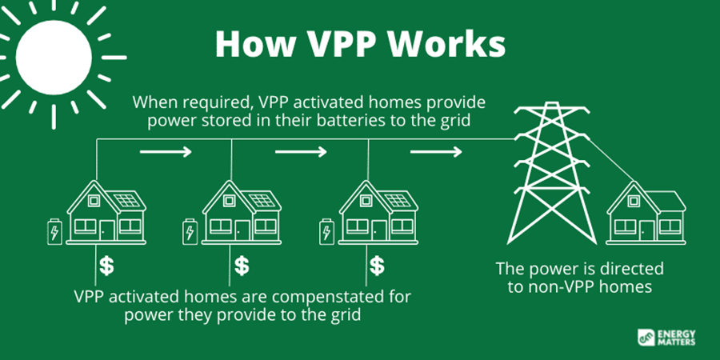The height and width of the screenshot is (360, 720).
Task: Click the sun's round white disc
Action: pyautogui.click(x=54, y=58)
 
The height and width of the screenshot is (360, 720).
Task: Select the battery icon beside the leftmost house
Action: pyautogui.click(x=54, y=231)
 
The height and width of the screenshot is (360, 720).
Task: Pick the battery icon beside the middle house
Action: pyautogui.click(x=189, y=231)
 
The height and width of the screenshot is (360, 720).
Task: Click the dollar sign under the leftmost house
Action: pyautogui.click(x=106, y=266)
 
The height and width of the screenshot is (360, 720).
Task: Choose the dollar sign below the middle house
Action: pyautogui.click(x=242, y=266)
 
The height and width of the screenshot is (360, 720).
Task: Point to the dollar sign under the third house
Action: pyautogui.click(x=377, y=266)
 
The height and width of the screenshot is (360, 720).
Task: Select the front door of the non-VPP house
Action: pyautogui.click(x=647, y=230)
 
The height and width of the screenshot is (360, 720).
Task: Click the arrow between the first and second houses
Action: pyautogui.click(x=166, y=151)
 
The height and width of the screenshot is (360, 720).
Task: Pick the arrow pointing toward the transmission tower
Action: pyautogui.click(x=436, y=151)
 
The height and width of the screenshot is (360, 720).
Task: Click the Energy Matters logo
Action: pyautogui.click(x=666, y=338)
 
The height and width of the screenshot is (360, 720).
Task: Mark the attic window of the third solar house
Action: pyautogui.click(x=366, y=200)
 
